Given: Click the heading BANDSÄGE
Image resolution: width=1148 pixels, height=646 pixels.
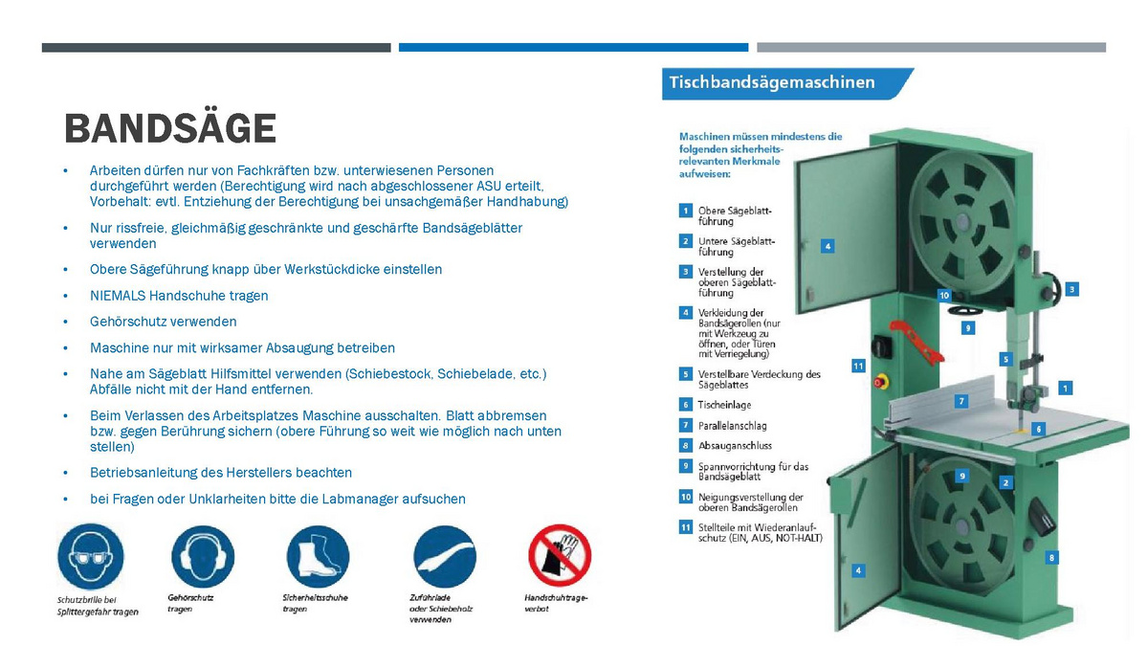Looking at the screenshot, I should coord(169,128).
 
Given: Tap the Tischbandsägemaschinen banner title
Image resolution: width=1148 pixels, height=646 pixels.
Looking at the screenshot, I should coord(771,82).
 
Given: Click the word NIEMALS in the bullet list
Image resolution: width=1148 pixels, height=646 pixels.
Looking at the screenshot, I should coord(118,296).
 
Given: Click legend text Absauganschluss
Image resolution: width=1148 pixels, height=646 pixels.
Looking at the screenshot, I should coord(735,445).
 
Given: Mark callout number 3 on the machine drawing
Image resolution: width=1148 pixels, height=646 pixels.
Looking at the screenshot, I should coord(1072,288).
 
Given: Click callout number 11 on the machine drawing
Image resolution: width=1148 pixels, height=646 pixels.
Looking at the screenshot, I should coord(858,366).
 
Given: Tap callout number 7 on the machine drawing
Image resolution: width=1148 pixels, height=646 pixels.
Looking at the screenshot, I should coord(961,401).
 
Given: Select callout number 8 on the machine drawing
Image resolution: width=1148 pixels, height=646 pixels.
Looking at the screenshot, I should coord(1051,557).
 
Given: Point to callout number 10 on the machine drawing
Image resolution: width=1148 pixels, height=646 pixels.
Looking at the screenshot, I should coord(944,296).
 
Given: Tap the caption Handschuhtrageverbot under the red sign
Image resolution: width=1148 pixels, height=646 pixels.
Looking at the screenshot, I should coord(556,603).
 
